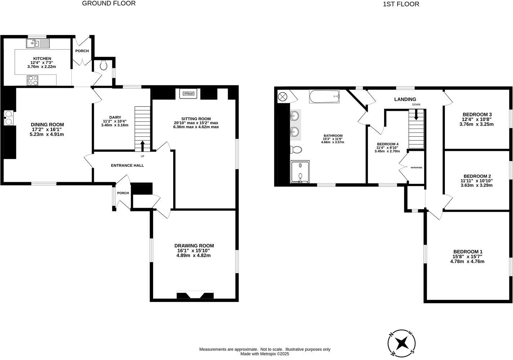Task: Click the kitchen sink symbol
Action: [37, 44]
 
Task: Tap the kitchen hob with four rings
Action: [32, 80]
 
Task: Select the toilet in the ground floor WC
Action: [104, 66]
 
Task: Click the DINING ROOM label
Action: [47, 125]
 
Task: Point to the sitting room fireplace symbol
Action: [188, 94]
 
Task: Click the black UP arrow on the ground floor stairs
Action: [142, 146]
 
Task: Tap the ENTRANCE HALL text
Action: [127, 166]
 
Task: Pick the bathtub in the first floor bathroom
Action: [324, 96]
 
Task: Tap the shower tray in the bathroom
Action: [300, 171]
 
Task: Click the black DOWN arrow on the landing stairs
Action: [416, 115]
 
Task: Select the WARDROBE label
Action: [416, 167]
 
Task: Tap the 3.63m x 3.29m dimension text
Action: [476, 185]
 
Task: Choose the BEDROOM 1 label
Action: [468, 252]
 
